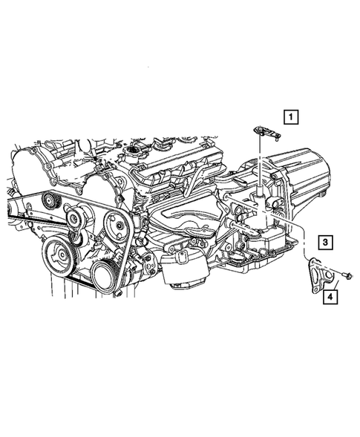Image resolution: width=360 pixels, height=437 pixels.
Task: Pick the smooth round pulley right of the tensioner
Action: [x=114, y=225]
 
